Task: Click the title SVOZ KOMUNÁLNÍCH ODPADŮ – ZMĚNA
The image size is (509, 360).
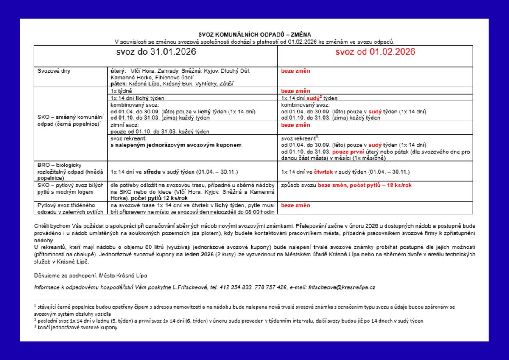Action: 255,34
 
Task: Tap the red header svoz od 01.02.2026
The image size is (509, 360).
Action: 375,52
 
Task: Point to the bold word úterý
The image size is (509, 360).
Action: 117,71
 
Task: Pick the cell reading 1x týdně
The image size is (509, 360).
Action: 121,91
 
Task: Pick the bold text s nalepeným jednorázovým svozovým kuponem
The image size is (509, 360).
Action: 176,145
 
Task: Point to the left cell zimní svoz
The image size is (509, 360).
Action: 124,125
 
